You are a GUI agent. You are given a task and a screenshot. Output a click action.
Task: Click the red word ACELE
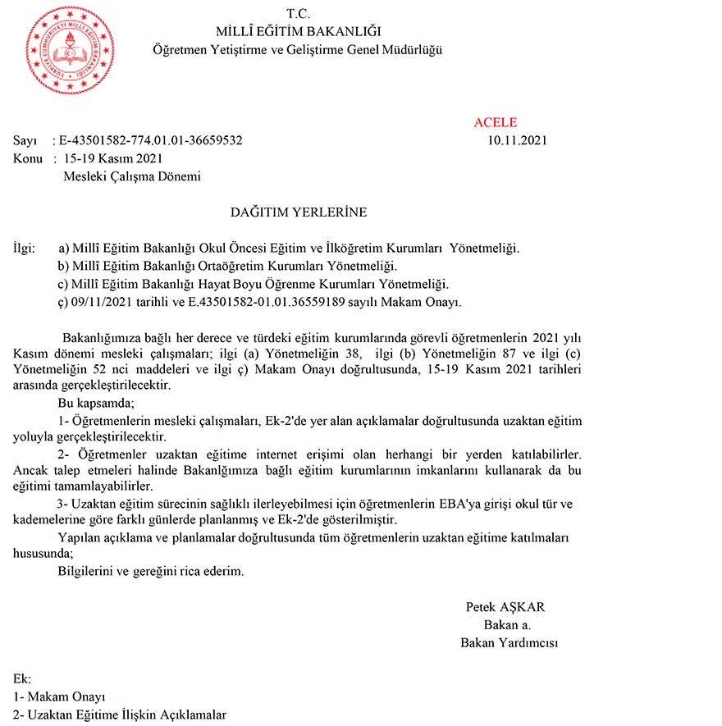(x=496, y=123)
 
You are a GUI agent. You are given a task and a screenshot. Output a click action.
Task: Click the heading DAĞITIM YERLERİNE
(x=299, y=212)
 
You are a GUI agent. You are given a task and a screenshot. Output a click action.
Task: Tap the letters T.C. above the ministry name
(x=299, y=14)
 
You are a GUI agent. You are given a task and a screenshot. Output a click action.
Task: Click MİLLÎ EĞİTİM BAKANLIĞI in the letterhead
(x=299, y=32)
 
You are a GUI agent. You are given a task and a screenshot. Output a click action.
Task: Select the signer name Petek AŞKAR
(x=505, y=608)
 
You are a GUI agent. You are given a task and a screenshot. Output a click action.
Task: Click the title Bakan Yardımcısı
(x=510, y=643)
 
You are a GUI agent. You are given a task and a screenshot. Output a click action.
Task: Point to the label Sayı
(x=25, y=140)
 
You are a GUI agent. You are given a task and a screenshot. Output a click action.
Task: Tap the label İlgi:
(x=25, y=248)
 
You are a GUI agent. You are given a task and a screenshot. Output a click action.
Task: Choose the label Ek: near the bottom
(x=22, y=679)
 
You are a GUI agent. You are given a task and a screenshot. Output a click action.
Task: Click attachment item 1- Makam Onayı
(x=60, y=697)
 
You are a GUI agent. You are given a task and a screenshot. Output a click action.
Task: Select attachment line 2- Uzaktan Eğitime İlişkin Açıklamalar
(x=120, y=715)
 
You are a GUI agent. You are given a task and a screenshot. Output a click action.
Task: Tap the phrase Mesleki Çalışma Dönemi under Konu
(x=132, y=176)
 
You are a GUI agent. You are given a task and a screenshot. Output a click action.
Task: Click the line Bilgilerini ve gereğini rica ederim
(x=151, y=572)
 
